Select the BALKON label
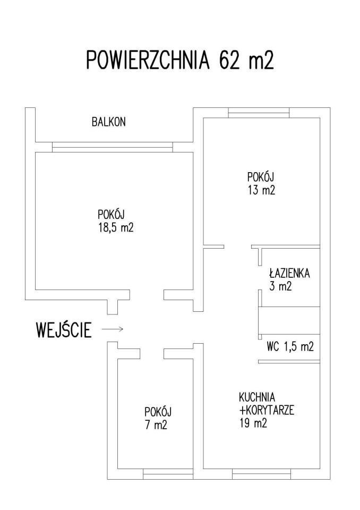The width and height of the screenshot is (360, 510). (108, 122)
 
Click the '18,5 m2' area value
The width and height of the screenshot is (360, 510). (112, 228)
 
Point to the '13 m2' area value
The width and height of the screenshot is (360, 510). (261, 190)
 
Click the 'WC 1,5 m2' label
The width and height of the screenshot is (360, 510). (290, 348)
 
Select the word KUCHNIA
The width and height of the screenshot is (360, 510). (257, 397)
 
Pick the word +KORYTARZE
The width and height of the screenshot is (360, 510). (267, 410)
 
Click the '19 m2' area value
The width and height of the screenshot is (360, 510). (252, 423)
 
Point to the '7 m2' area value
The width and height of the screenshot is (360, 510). (158, 425)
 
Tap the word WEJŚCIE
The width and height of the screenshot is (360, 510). (63, 330)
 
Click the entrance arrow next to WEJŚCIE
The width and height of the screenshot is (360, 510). (113, 329)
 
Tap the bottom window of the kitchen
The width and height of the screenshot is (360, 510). (261, 473)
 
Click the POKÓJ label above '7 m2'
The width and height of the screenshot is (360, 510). (158, 412)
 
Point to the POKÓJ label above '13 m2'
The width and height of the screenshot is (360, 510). (260, 177)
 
